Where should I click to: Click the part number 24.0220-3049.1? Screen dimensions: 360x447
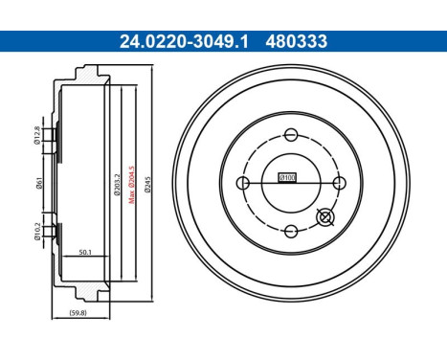coord(170,42)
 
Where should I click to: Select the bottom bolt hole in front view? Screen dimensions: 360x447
coord(289,229)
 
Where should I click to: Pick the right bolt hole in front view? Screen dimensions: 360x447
coord(337,181)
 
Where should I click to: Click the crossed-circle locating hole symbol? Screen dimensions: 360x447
coord(324,219)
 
